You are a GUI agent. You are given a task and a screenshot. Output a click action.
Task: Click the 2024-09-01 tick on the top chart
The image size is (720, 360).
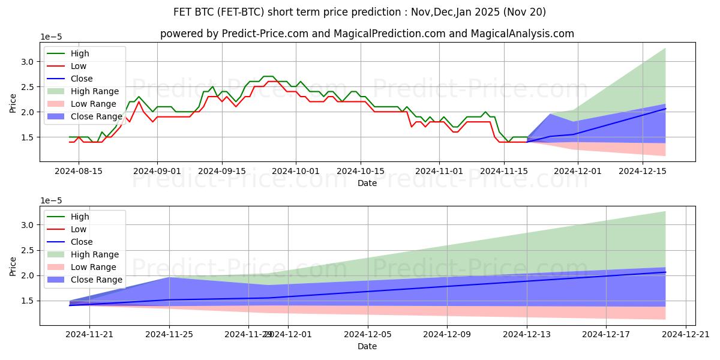pos(157,170)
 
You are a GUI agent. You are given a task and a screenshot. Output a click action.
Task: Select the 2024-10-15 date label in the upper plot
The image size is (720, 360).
pos(361,170)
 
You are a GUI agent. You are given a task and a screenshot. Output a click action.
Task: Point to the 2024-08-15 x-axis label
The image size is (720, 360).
pos(79,170)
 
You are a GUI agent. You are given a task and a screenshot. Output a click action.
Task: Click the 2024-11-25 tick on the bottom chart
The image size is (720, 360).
pos(169,334)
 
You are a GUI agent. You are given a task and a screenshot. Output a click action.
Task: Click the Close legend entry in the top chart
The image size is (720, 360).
pos(82,79)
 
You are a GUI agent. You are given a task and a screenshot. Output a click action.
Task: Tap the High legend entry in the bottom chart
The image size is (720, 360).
pos(79,217)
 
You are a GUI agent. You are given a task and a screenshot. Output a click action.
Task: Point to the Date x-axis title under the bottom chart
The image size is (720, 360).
pos(367,346)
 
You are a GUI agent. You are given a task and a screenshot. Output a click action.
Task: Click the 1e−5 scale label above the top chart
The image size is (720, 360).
pos(51,37)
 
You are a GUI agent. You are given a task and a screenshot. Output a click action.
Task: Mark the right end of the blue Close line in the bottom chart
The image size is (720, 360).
pos(665,272)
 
